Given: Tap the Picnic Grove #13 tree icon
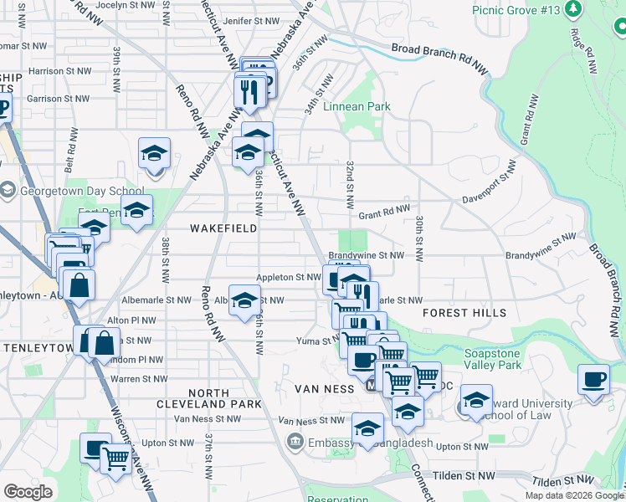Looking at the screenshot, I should [573, 10].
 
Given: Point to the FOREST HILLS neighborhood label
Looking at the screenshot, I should [464, 313].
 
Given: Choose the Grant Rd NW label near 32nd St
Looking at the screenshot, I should [384, 213].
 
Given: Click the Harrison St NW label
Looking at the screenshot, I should [58, 72].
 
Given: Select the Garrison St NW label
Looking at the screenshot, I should [56, 99].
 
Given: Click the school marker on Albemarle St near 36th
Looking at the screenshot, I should [244, 301].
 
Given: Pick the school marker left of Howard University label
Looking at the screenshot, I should [476, 400].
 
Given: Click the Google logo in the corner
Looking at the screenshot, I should [28, 492].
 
